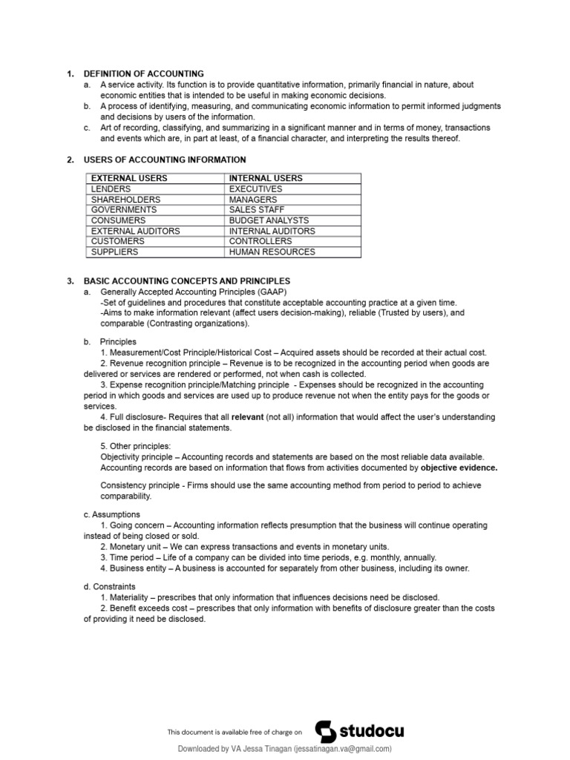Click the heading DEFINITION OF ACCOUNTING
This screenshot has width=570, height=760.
coord(143,73)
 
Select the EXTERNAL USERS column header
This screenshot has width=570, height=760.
coord(128,178)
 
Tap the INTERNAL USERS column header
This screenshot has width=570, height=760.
coord(266,178)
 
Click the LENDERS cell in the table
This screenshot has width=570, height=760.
coord(111,189)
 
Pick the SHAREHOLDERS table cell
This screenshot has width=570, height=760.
coord(125,200)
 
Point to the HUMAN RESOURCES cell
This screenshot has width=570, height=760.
coord(272,252)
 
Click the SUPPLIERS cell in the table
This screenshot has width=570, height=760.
coord(114,252)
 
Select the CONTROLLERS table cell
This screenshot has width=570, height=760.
coord(261,241)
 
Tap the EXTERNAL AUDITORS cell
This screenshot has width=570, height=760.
coord(135,231)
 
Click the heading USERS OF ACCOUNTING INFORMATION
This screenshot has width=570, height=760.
coord(164,160)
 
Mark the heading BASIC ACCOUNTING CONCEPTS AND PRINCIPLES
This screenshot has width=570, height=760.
coord(186,281)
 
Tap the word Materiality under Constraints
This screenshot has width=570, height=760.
coord(130,597)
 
